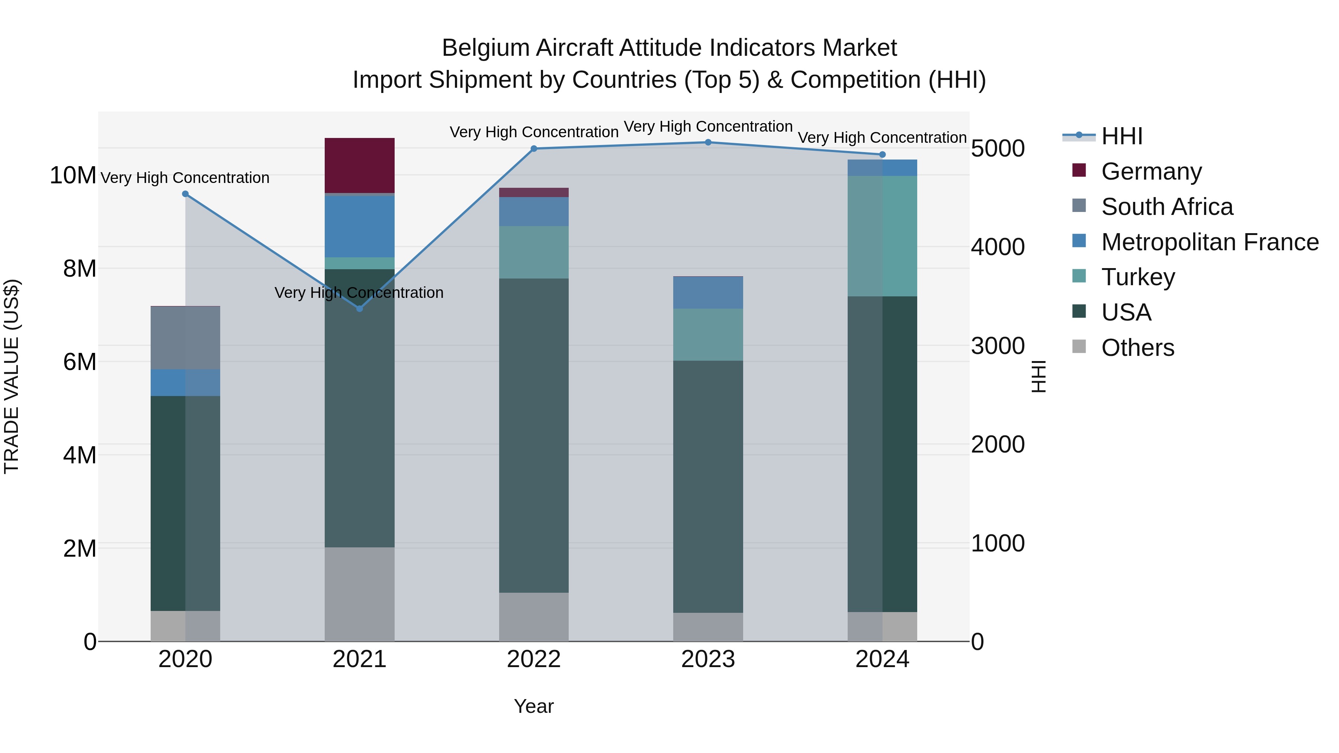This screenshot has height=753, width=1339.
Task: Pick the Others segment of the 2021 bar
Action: tap(359, 594)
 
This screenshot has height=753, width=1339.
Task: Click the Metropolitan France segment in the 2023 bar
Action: tap(708, 293)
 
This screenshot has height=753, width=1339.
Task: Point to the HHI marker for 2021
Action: tap(359, 309)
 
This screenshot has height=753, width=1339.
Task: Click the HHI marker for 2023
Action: tap(708, 142)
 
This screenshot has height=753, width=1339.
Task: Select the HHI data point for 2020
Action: tap(185, 194)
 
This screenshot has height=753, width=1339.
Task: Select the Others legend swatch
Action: tap(1079, 347)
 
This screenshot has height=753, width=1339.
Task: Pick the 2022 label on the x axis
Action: tap(533, 659)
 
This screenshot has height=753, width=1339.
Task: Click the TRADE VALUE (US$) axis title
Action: tap(12, 376)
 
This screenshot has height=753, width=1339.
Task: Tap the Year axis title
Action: tap(533, 706)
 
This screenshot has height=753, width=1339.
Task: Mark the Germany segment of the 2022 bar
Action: tap(533, 192)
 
